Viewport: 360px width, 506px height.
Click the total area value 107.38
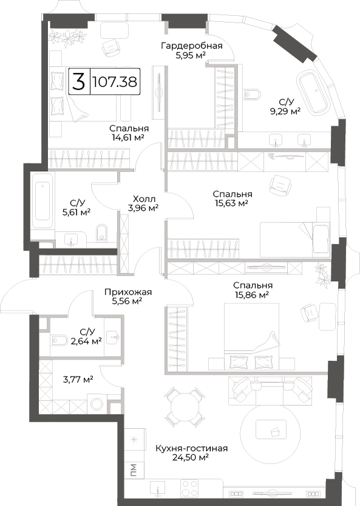[115, 81]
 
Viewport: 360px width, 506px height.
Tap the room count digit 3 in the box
[79, 81]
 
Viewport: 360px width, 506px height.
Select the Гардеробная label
[192, 46]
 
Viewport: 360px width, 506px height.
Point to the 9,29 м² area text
[285, 112]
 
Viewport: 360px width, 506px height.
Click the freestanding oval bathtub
[313, 92]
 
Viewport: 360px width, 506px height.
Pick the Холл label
[144, 199]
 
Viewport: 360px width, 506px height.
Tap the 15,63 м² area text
[231, 203]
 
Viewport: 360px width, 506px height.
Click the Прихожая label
[127, 292]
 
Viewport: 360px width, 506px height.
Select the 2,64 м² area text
[86, 341]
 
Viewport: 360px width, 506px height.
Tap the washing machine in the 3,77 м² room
[97, 404]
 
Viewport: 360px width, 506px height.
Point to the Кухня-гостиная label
[192, 448]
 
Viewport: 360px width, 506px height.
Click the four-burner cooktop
[189, 488]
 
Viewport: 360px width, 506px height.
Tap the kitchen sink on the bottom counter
[158, 488]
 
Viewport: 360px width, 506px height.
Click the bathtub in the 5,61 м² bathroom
[42, 201]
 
